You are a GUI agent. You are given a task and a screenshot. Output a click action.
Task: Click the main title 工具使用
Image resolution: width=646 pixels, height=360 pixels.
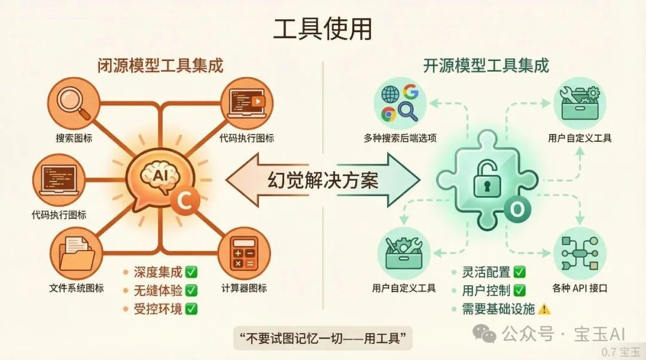coord(322,29)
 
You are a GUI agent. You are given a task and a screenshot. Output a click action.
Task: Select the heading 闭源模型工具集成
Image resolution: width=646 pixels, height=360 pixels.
coord(160,66)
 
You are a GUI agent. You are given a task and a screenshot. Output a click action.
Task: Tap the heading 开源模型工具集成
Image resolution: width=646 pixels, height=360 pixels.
coord(486,66)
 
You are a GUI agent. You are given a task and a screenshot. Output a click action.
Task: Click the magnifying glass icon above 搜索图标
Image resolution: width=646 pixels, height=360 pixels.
coord(74,103)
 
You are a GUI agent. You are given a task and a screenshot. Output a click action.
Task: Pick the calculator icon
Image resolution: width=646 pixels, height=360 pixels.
coord(244,252)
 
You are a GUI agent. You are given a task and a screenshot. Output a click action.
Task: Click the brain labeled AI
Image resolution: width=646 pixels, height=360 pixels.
coord(160,177)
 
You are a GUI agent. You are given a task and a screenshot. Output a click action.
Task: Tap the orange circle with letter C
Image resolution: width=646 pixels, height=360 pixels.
coord(185,200)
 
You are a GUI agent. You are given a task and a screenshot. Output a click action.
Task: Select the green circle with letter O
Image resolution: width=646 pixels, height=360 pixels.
coord(517,209)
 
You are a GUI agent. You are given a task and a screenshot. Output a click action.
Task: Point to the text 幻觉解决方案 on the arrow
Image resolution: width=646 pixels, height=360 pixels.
coord(323,181)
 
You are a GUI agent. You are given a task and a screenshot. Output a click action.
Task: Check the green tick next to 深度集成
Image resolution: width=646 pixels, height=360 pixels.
coord(191,272)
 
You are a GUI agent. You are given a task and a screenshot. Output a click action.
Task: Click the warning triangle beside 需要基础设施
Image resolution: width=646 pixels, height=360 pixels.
coord(544,309)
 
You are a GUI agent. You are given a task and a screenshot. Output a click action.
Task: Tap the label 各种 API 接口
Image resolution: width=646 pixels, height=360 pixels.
coord(580,288)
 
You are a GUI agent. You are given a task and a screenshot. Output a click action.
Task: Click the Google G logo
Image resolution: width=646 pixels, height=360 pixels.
coord(411,91)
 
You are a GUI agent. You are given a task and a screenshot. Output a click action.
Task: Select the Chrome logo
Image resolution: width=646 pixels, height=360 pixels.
coord(389,114)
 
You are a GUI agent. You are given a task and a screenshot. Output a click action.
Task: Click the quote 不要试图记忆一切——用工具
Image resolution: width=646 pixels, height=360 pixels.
coord(322,338)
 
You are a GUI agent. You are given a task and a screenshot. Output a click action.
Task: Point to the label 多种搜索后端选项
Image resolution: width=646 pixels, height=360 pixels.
coord(400,138)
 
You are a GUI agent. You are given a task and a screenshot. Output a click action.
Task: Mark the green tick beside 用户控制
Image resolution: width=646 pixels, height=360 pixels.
coord(520,291)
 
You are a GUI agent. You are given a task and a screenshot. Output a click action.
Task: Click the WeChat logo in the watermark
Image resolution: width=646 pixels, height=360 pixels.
coord(484,333)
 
